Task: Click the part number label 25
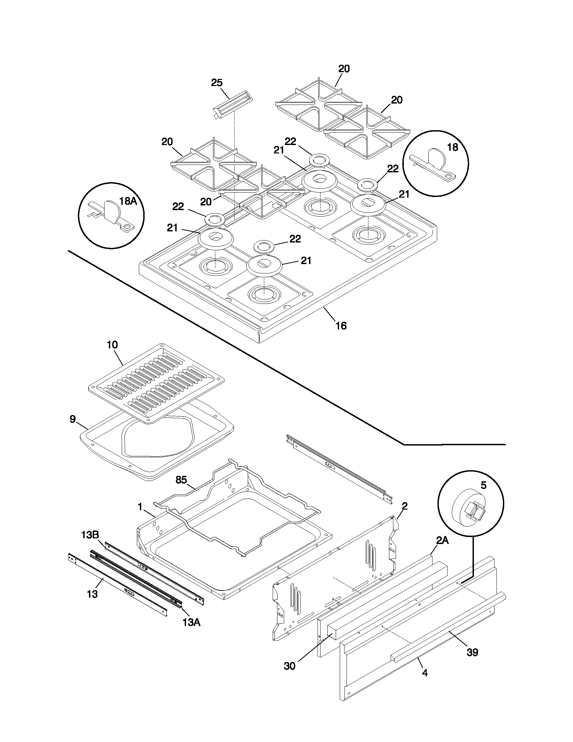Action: [217, 83]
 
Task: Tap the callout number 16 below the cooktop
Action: [341, 326]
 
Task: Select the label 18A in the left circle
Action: [128, 201]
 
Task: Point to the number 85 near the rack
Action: [181, 480]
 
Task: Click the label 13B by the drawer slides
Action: [90, 535]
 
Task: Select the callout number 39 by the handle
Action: [472, 652]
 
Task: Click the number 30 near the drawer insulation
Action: [290, 666]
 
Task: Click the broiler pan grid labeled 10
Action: [156, 383]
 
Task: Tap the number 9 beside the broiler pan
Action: [73, 419]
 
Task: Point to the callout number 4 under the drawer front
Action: [425, 673]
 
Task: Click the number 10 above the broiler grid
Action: [112, 345]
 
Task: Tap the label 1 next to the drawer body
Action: [140, 507]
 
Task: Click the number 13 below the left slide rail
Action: [92, 594]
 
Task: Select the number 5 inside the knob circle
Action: [484, 485]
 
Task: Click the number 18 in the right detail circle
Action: [452, 147]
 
